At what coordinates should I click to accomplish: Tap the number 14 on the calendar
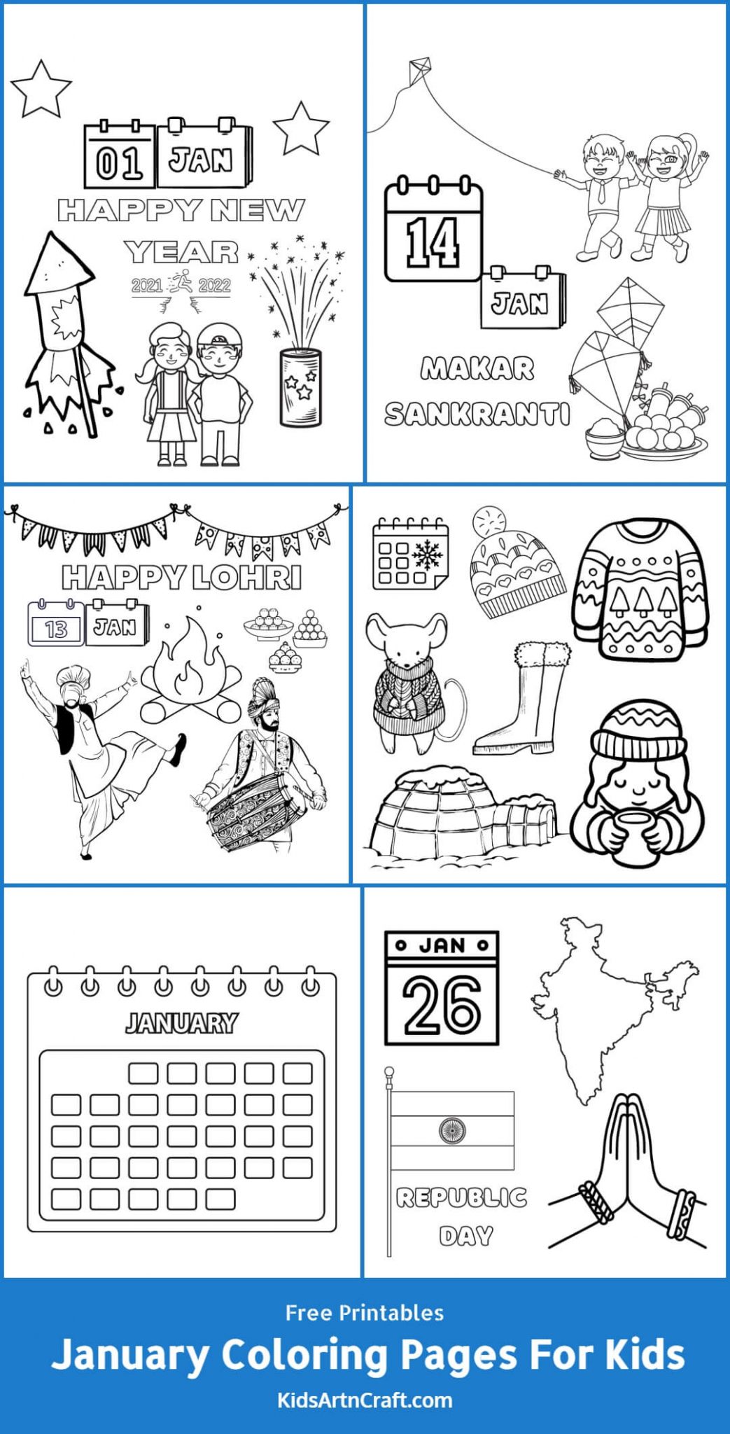coord(433,242)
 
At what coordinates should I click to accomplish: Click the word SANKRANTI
coord(477,414)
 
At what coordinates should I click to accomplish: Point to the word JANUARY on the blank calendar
coord(181,1023)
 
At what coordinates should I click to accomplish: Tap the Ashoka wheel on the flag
coord(451,1129)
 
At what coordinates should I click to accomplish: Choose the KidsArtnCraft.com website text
coord(365,1401)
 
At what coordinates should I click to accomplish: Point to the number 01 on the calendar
coord(119,162)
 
